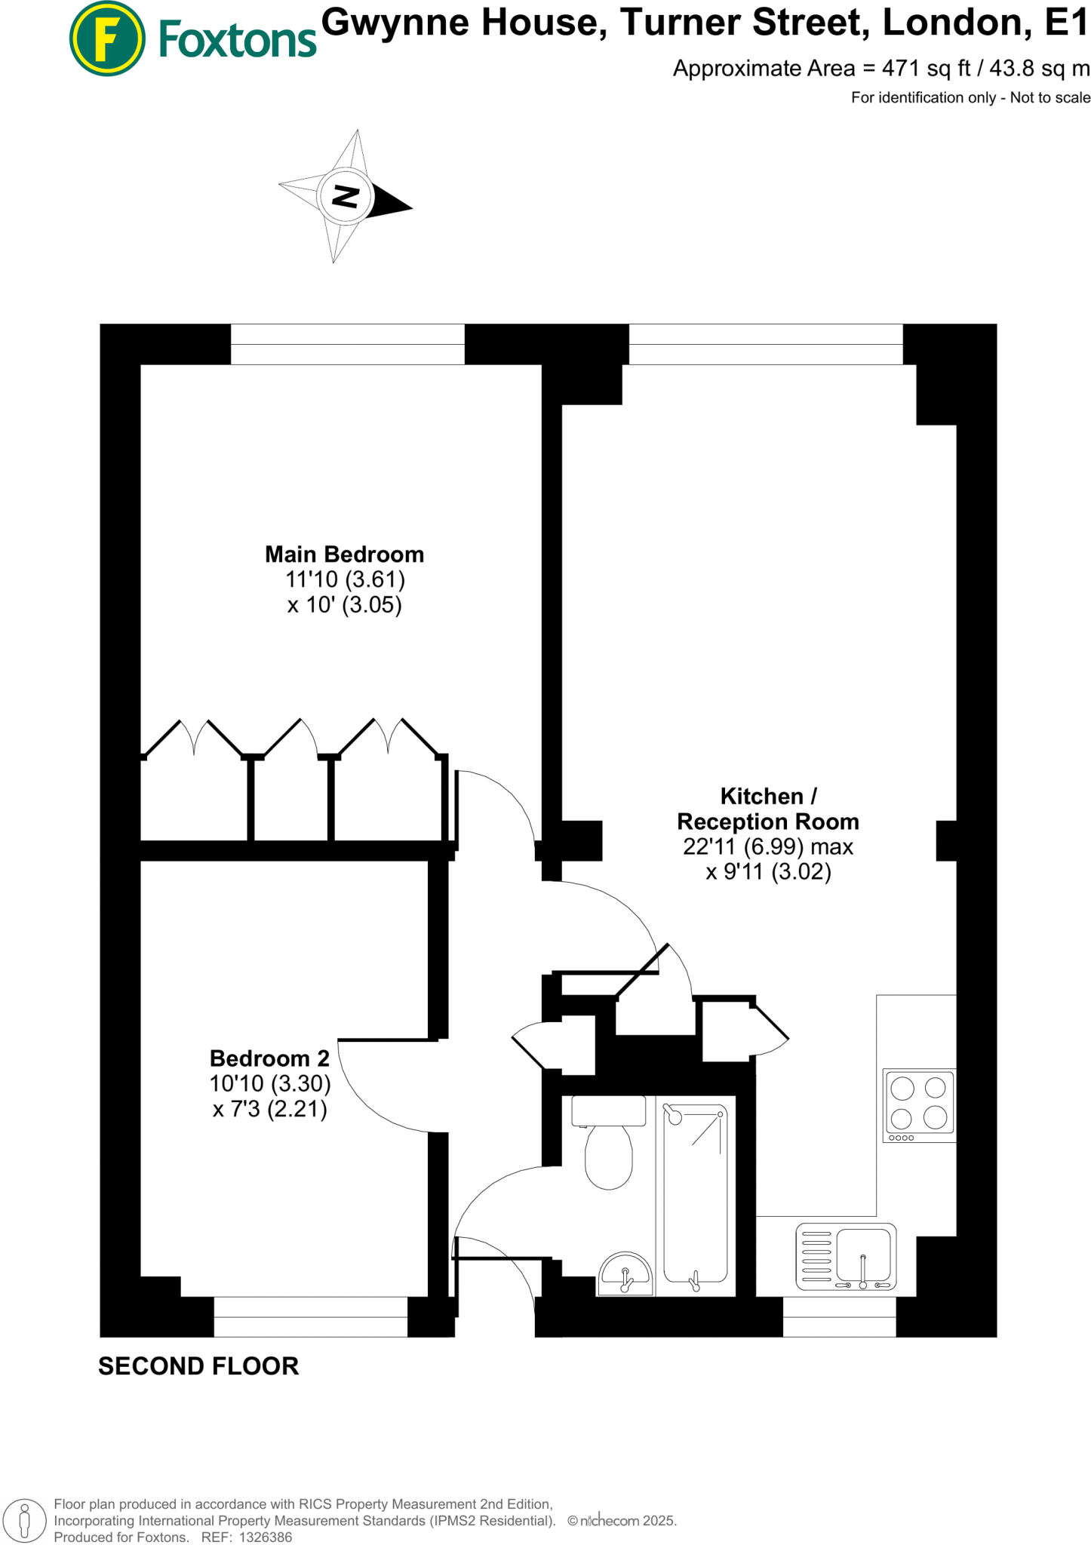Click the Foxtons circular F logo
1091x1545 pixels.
pos(107,38)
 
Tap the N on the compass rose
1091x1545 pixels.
pos(346,196)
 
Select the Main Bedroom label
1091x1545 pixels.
pos(344,554)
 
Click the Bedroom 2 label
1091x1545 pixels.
pos(269,1058)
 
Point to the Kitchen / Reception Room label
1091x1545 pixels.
pos(768,809)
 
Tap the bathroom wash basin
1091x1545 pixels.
pos(625,1275)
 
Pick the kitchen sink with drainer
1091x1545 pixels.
pos(846,1257)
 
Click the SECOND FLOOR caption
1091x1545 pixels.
pos(198,1366)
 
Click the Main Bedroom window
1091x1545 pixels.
pos(347,345)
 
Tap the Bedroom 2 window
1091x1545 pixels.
pos(310,1316)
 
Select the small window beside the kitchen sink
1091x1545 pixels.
pos(839,1316)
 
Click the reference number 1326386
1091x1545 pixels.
pos(265,1537)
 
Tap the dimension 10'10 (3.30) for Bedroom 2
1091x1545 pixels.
pos(270,1084)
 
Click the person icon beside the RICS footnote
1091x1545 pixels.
pos(25,1519)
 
